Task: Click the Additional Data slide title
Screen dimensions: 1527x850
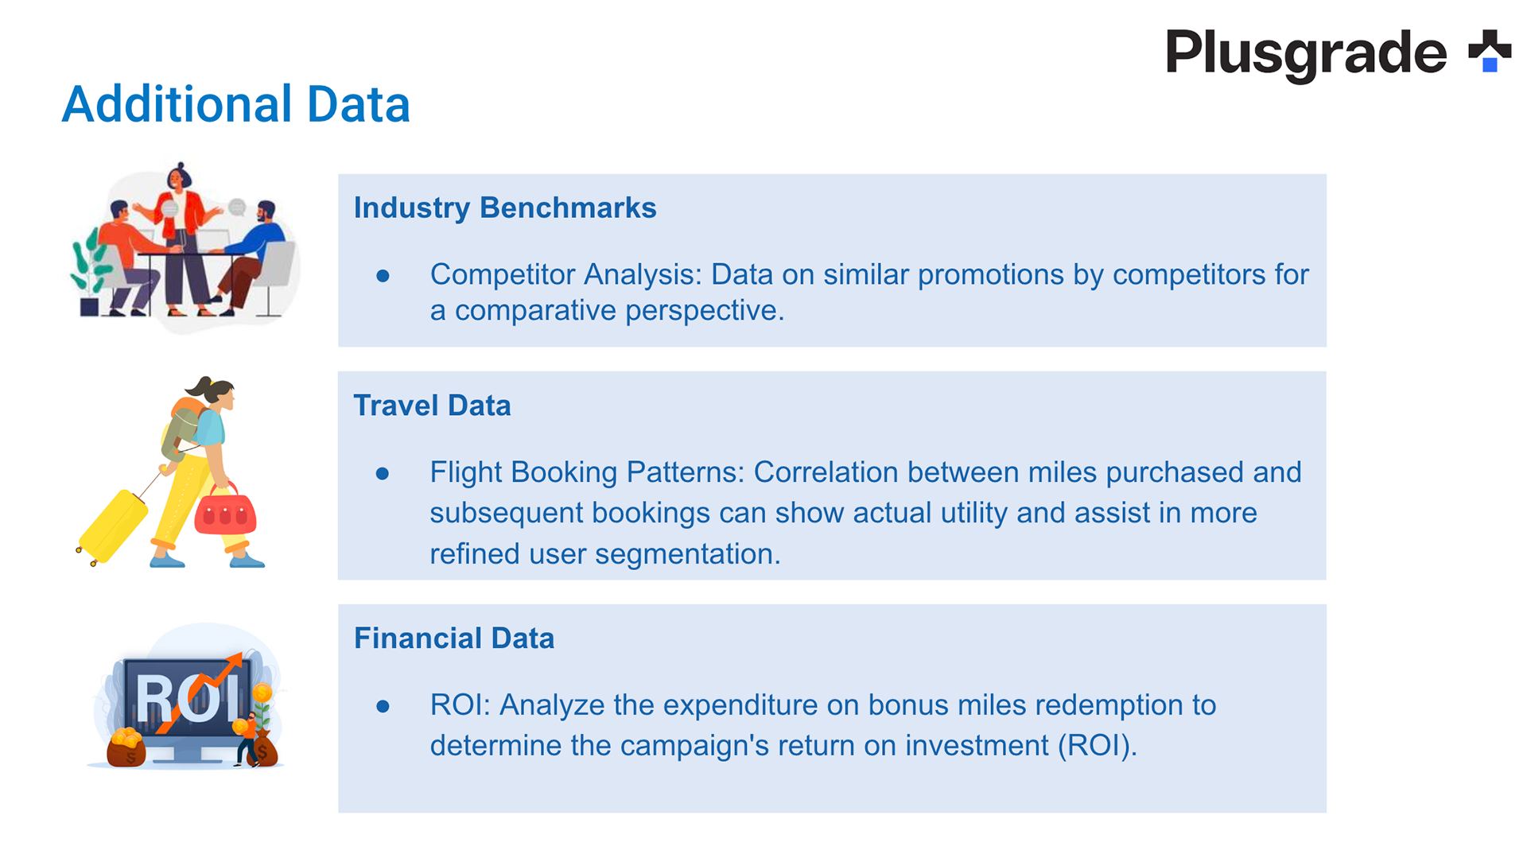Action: point(236,104)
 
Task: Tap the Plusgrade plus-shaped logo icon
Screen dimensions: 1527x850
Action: point(1490,51)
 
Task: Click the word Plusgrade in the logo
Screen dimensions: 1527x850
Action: point(1306,53)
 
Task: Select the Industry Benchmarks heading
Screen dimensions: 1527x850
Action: point(505,208)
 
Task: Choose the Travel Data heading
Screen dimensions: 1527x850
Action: point(432,406)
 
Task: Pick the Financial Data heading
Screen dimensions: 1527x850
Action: point(454,638)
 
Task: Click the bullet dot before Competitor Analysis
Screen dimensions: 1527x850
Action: point(383,276)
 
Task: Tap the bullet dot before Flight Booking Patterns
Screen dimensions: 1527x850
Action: point(383,474)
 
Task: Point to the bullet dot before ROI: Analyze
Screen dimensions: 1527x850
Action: point(383,706)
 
